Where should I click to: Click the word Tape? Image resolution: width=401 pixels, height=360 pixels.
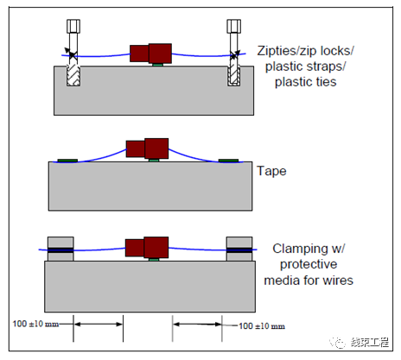(271, 171)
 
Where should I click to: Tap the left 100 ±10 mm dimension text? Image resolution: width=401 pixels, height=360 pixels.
(35, 324)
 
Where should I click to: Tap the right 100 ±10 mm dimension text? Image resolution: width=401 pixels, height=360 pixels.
(262, 326)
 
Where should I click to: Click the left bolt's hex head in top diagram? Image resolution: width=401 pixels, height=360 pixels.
(73, 26)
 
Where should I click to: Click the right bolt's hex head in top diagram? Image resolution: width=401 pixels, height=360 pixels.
(233, 26)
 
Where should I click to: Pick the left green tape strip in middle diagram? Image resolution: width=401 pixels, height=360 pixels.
(67, 161)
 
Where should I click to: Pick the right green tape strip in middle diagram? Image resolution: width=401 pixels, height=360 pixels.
(228, 161)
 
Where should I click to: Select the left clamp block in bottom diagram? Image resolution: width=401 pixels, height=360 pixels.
(60, 249)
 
